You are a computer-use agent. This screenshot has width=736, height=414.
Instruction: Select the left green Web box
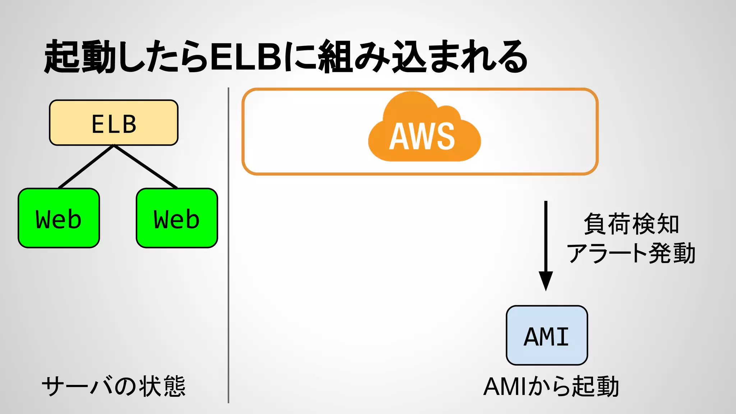click(59, 218)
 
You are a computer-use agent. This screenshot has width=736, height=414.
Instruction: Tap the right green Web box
click(177, 218)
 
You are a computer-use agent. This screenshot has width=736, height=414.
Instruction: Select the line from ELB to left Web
click(86, 166)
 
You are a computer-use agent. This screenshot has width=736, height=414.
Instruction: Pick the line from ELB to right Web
click(146, 166)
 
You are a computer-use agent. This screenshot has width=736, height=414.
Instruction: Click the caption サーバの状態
click(114, 386)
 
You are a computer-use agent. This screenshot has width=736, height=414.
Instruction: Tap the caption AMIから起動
click(551, 386)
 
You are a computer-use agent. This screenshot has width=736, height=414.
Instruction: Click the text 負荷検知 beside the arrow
click(631, 224)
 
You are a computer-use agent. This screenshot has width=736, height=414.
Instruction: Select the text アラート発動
click(631, 253)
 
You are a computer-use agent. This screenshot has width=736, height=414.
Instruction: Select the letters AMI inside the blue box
click(546, 337)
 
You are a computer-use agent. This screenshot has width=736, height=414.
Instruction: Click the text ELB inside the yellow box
click(114, 124)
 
